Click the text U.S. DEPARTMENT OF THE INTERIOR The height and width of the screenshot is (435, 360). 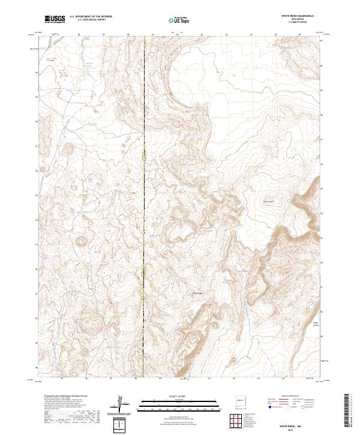coord(90,17)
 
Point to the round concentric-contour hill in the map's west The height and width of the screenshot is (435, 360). coord(80,242)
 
